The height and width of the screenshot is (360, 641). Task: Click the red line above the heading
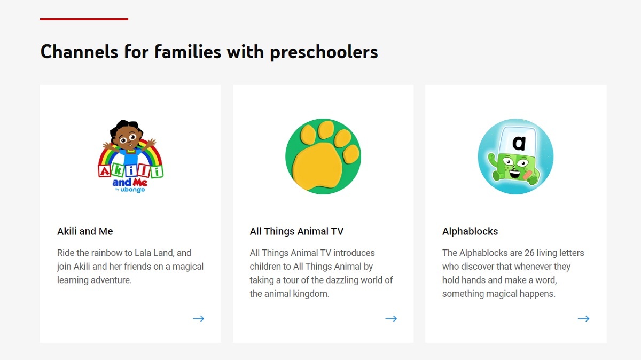[x=84, y=19]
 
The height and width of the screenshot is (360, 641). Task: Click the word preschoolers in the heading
[x=324, y=53]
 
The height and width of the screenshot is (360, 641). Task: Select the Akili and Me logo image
[x=130, y=156]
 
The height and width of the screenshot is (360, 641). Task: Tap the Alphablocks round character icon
[x=515, y=156]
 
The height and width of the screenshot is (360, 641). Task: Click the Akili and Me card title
[x=85, y=231]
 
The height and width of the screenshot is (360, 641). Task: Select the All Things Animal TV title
[x=296, y=231]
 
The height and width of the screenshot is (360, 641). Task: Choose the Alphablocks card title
[x=470, y=231]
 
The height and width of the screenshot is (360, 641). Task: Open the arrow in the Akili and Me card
[x=198, y=318]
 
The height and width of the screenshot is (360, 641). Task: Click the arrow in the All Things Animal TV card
[x=391, y=318]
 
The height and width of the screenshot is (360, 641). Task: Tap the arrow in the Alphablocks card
[x=583, y=318]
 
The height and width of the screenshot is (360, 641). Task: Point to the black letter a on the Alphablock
[x=519, y=143]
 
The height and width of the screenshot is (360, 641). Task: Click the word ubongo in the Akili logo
[x=132, y=190]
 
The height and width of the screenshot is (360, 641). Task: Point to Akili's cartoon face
[x=128, y=138]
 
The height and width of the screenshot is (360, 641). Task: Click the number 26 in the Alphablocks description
[x=529, y=253]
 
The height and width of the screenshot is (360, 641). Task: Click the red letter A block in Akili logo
[x=105, y=171]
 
